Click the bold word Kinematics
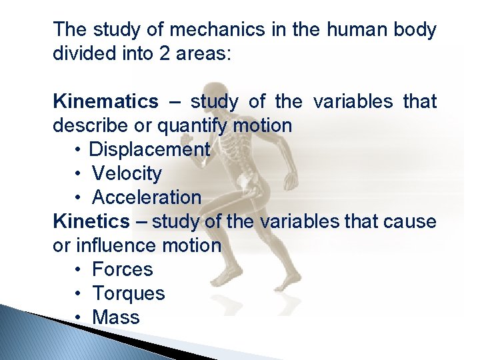click(x=105, y=102)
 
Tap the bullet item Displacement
click(x=149, y=150)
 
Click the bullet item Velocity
click(x=127, y=174)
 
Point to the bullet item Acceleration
click(x=146, y=198)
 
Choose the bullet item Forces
click(x=122, y=270)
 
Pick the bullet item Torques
click(x=128, y=294)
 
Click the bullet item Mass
click(x=115, y=318)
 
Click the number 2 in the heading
click(x=164, y=54)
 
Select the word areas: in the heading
click(x=203, y=54)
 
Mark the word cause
click(x=410, y=222)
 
